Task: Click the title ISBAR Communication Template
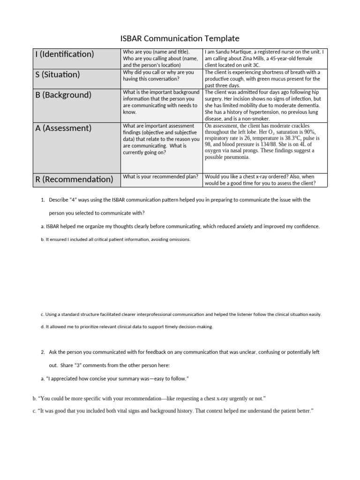click(x=180, y=38)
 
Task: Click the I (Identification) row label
click(x=65, y=54)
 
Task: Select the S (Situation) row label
click(x=58, y=75)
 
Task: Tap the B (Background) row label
click(x=63, y=95)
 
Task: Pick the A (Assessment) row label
click(x=63, y=128)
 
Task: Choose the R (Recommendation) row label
click(x=74, y=179)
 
